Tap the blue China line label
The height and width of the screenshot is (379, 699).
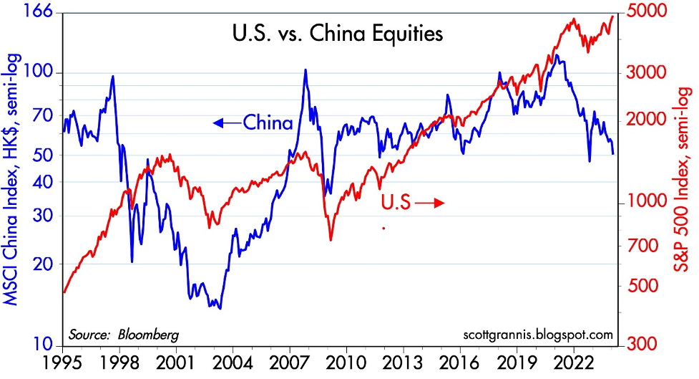pos(268,123)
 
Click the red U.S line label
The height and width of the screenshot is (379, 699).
pos(395,203)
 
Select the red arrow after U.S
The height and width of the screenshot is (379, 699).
pos(429,203)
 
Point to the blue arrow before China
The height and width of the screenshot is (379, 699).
pos(228,123)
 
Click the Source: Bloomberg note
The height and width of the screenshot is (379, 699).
pos(124,335)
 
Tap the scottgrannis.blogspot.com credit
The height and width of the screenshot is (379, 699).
pos(539,335)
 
